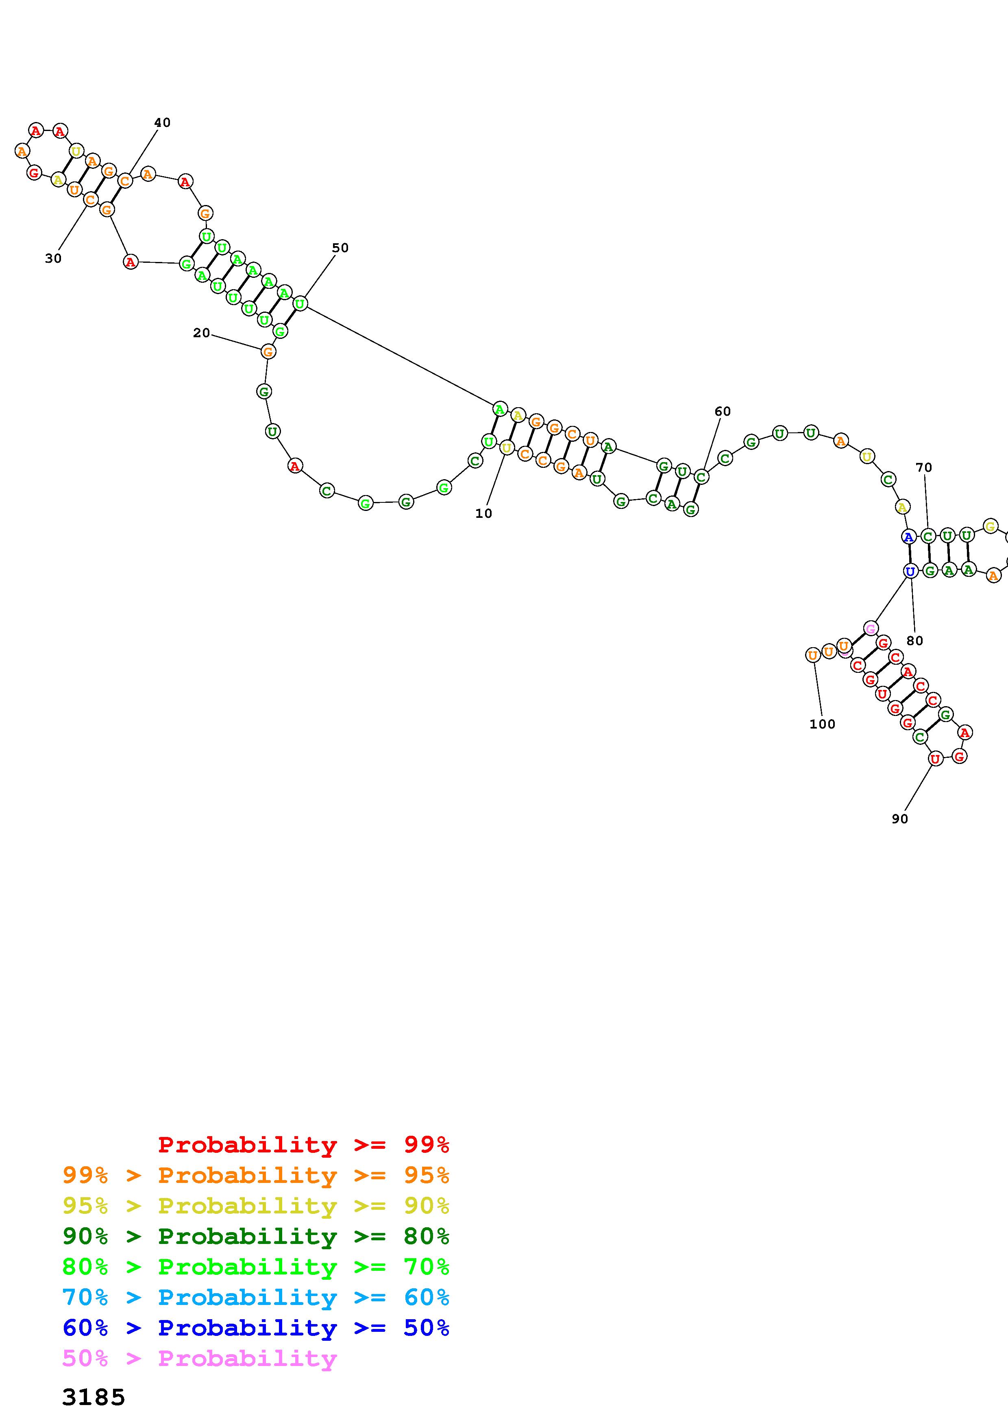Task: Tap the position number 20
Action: (x=201, y=333)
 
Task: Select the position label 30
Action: (x=53, y=259)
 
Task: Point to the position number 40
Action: (x=162, y=122)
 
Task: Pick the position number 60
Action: (x=722, y=411)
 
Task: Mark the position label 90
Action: (x=900, y=819)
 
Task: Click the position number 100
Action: (x=822, y=724)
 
